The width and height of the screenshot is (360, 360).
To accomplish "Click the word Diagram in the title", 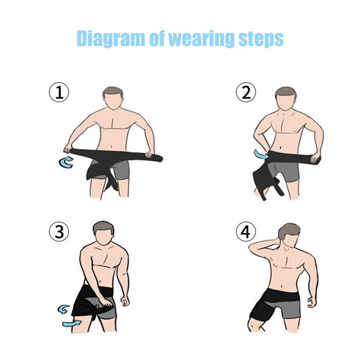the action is (x=110, y=39).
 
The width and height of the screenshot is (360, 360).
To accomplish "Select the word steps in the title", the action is (x=261, y=39).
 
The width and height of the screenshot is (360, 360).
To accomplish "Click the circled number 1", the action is (x=59, y=92).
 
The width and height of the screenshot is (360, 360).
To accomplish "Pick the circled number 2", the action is (x=246, y=92).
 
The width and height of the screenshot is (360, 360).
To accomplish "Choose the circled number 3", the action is (x=59, y=232).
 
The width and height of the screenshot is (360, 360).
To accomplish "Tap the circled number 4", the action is (x=246, y=232).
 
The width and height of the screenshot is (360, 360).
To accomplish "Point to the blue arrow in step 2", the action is (x=260, y=155).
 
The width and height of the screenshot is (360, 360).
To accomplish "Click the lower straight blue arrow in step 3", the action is (x=72, y=323).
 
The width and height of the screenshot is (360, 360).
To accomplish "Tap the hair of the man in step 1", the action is (x=112, y=92).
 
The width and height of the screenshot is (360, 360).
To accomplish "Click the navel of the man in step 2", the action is (x=281, y=148).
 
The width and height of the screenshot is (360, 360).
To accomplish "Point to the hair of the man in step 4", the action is (x=289, y=231).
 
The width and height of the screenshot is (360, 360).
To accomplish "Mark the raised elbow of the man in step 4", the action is (x=252, y=247).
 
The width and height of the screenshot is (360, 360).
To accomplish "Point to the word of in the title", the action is (x=157, y=39).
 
